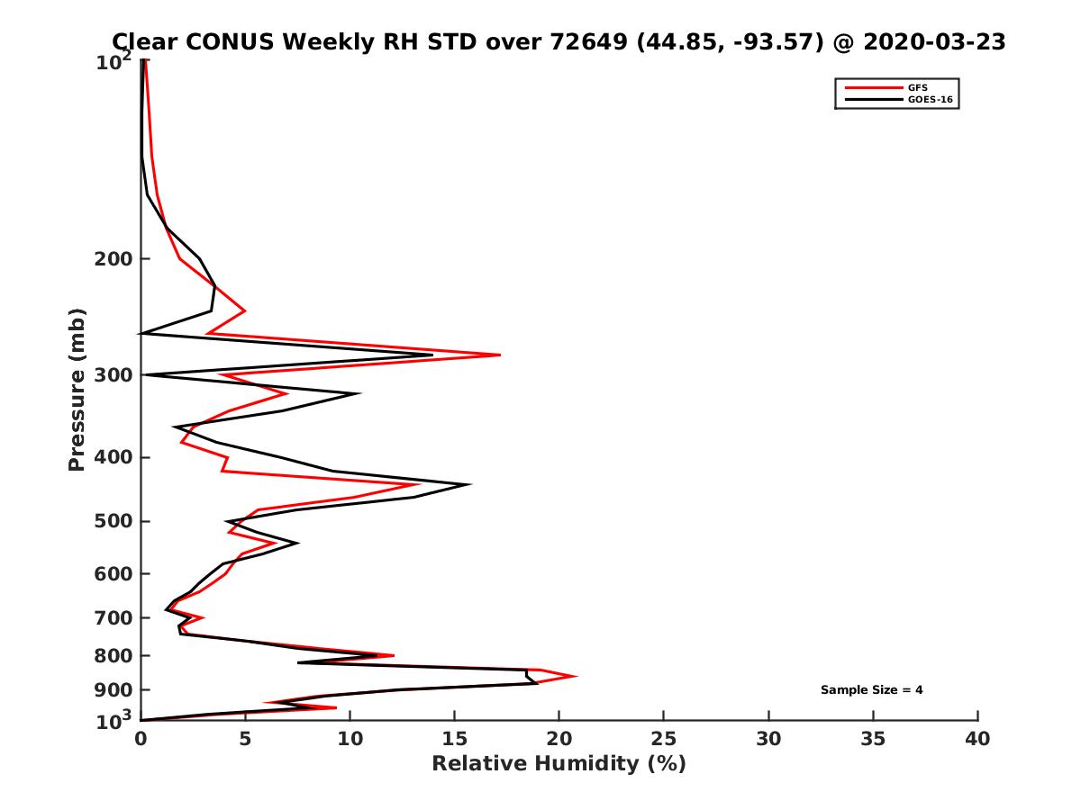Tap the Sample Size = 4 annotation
[871, 690]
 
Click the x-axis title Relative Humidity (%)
[559, 764]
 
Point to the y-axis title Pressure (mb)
[77, 390]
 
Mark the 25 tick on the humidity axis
[664, 739]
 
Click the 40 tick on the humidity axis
[977, 739]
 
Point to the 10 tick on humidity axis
[350, 739]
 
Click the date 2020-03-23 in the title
[934, 42]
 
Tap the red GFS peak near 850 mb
[576, 676]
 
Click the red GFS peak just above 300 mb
[499, 355]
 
